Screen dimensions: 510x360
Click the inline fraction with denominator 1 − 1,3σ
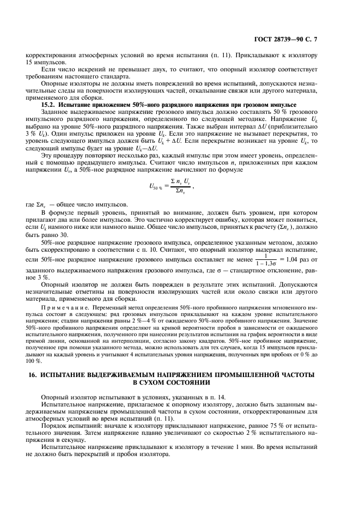pos(267,259)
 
